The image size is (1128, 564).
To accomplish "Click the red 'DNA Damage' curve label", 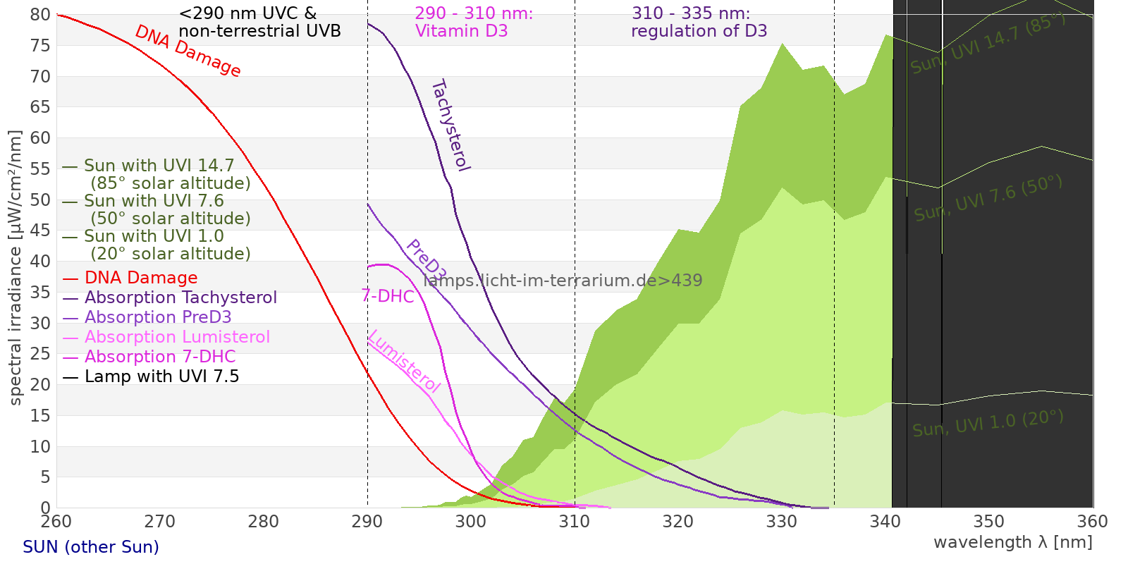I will tap(188, 51).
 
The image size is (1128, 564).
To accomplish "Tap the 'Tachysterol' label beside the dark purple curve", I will tap(450, 125).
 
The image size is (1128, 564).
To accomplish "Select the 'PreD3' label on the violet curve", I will tap(426, 259).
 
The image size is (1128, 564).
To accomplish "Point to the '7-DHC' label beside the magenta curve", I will tap(388, 296).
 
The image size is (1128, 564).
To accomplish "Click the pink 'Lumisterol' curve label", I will tap(404, 361).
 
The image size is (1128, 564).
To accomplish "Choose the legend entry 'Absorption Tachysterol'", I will tap(180, 298).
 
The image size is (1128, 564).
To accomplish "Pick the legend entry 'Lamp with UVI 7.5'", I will tap(161, 376).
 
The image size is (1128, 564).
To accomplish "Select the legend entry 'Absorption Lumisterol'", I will tap(177, 337).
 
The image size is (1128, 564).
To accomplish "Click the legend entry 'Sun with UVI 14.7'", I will tap(159, 166).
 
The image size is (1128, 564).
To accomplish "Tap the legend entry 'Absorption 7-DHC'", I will tap(160, 357).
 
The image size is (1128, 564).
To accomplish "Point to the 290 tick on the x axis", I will tap(367, 522).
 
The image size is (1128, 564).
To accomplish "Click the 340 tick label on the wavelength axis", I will tap(885, 522).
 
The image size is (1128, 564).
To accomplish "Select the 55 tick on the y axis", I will tap(41, 168).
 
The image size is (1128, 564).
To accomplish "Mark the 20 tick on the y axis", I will tap(41, 384).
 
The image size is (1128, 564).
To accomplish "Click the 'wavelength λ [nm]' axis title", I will tap(1012, 542).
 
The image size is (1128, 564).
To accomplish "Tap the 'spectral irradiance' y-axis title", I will tap(16, 268).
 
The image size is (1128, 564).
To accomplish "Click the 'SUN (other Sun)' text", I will tap(91, 547).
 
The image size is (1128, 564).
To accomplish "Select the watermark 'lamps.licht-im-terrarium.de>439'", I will tap(563, 281).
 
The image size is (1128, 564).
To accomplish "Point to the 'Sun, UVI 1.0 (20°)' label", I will tap(988, 424).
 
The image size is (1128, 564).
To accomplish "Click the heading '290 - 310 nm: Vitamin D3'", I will tap(474, 23).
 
